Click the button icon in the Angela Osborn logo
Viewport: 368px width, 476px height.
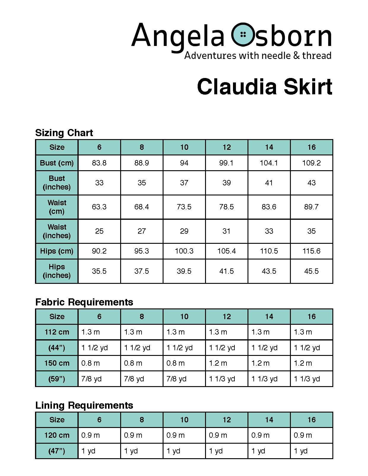[243, 34]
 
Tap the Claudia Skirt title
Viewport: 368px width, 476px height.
[264, 87]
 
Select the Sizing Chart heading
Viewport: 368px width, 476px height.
[64, 133]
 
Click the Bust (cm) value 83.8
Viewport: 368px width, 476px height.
[99, 163]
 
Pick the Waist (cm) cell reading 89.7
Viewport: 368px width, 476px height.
[311, 207]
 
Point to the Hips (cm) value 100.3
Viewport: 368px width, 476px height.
[184, 251]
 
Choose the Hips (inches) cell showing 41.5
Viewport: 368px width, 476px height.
[226, 271]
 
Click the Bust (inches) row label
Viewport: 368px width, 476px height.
[57, 183]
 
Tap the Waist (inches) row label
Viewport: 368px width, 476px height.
[57, 231]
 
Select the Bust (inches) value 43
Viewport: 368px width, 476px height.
[311, 183]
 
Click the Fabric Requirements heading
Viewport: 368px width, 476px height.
[84, 302]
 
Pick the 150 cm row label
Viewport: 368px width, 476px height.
[57, 363]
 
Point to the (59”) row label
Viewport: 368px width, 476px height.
[57, 379]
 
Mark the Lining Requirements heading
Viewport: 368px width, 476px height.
[84, 405]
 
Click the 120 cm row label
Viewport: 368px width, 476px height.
[57, 435]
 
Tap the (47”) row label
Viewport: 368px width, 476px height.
[57, 451]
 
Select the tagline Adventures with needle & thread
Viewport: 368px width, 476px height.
[258, 55]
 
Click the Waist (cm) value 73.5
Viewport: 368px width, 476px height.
[184, 207]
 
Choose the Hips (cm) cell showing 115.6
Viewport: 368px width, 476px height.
[311, 251]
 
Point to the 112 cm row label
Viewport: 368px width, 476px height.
[57, 332]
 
